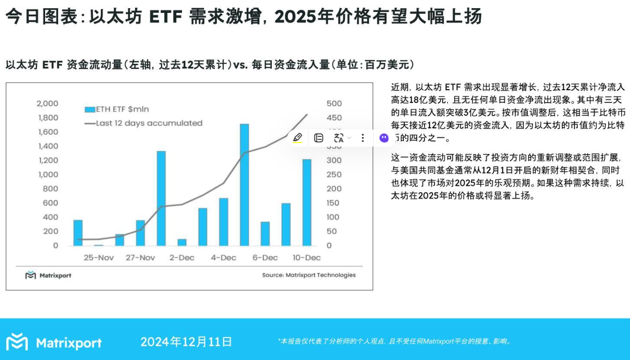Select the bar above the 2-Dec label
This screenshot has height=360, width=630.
pyautogui.click(x=182, y=242)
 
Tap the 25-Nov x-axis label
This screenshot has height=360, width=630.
pyautogui.click(x=98, y=258)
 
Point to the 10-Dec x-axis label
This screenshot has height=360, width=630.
pyautogui.click(x=306, y=258)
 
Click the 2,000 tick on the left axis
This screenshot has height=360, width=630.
pyautogui.click(x=48, y=104)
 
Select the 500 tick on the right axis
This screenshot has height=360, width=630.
pyautogui.click(x=334, y=104)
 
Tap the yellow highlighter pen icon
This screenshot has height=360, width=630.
pyautogui.click(x=298, y=138)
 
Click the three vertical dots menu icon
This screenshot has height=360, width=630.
pyautogui.click(x=363, y=138)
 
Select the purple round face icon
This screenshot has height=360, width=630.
pyautogui.click(x=384, y=138)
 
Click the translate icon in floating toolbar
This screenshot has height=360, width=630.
pyautogui.click(x=339, y=138)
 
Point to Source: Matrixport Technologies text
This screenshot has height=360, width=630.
pyautogui.click(x=309, y=275)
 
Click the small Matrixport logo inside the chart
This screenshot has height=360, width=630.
pyautogui.click(x=48, y=275)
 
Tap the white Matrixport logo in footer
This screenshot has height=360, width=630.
pyautogui.click(x=54, y=342)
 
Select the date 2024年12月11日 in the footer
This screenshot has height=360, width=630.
pyautogui.click(x=186, y=342)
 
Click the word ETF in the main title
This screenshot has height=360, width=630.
pyautogui.click(x=166, y=17)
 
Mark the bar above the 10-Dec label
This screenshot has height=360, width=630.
pyautogui.click(x=306, y=202)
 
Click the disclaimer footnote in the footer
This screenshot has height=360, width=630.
pyautogui.click(x=395, y=342)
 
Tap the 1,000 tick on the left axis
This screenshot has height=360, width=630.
pyautogui.click(x=48, y=175)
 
